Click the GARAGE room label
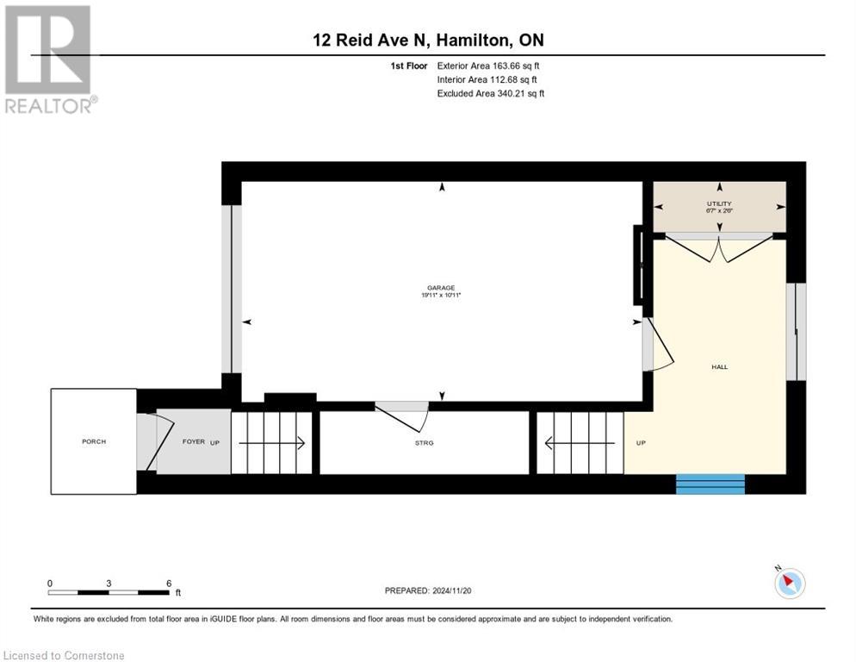click(x=442, y=288)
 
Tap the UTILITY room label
click(x=719, y=203)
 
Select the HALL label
click(x=719, y=366)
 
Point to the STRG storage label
click(x=423, y=442)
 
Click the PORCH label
click(x=94, y=441)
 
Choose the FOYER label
click(x=193, y=441)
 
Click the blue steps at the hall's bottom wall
click(x=710, y=484)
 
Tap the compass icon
click(x=789, y=583)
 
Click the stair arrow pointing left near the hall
click(x=580, y=444)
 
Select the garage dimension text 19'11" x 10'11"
click(x=442, y=296)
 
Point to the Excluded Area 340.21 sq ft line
click(x=490, y=93)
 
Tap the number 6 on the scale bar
click(x=169, y=584)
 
